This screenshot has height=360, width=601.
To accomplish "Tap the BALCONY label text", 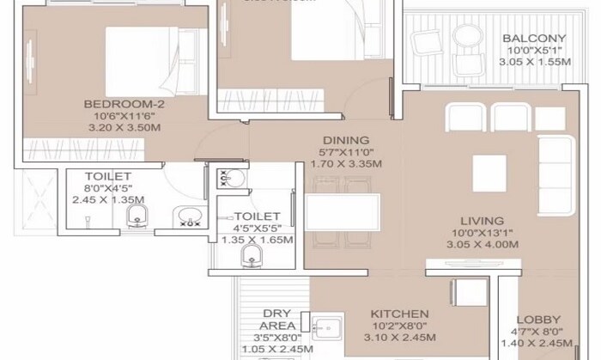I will pyautogui.click(x=533, y=38).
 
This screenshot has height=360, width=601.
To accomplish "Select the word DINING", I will pyautogui.click(x=346, y=140).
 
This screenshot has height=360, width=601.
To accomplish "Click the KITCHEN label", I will pyautogui.click(x=400, y=314).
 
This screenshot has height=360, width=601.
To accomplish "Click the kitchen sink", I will pyautogui.click(x=326, y=329).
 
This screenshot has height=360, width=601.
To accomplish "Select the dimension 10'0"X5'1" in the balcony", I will pyautogui.click(x=533, y=50).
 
